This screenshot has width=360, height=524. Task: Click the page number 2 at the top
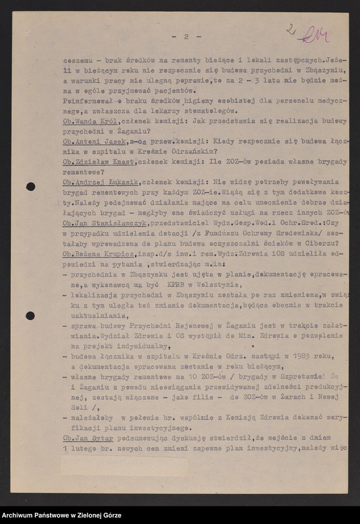pos(186,36)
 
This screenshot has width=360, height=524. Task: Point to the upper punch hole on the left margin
pos(30,187)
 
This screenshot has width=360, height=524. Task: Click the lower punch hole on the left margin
pos(30,316)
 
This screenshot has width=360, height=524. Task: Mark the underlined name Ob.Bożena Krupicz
pos(100,253)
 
